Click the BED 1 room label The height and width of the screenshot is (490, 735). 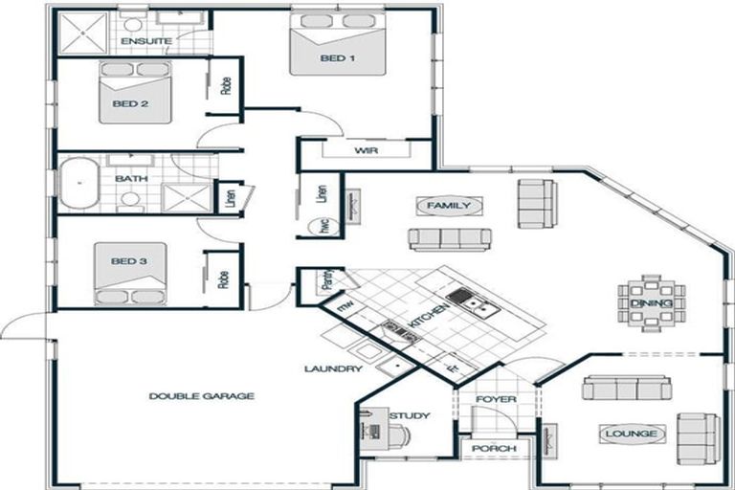(x=337, y=59)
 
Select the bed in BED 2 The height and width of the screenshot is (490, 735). (x=134, y=93)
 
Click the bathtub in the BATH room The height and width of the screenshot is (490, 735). (x=79, y=185)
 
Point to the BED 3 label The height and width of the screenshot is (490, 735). (x=128, y=260)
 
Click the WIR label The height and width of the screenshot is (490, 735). (x=364, y=151)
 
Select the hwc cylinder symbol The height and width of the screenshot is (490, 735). (x=320, y=227)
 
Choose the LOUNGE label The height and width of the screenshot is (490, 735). (x=632, y=434)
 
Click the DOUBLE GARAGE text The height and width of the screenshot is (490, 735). (x=202, y=395)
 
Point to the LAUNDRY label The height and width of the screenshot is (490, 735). (x=332, y=368)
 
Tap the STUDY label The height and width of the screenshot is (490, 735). (x=410, y=415)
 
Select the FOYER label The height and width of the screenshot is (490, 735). (x=496, y=399)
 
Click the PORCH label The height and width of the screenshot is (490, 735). (x=494, y=448)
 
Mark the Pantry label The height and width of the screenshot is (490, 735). (x=326, y=281)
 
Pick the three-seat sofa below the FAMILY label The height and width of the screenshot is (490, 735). (x=449, y=238)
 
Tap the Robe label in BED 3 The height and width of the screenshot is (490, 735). (x=224, y=278)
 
